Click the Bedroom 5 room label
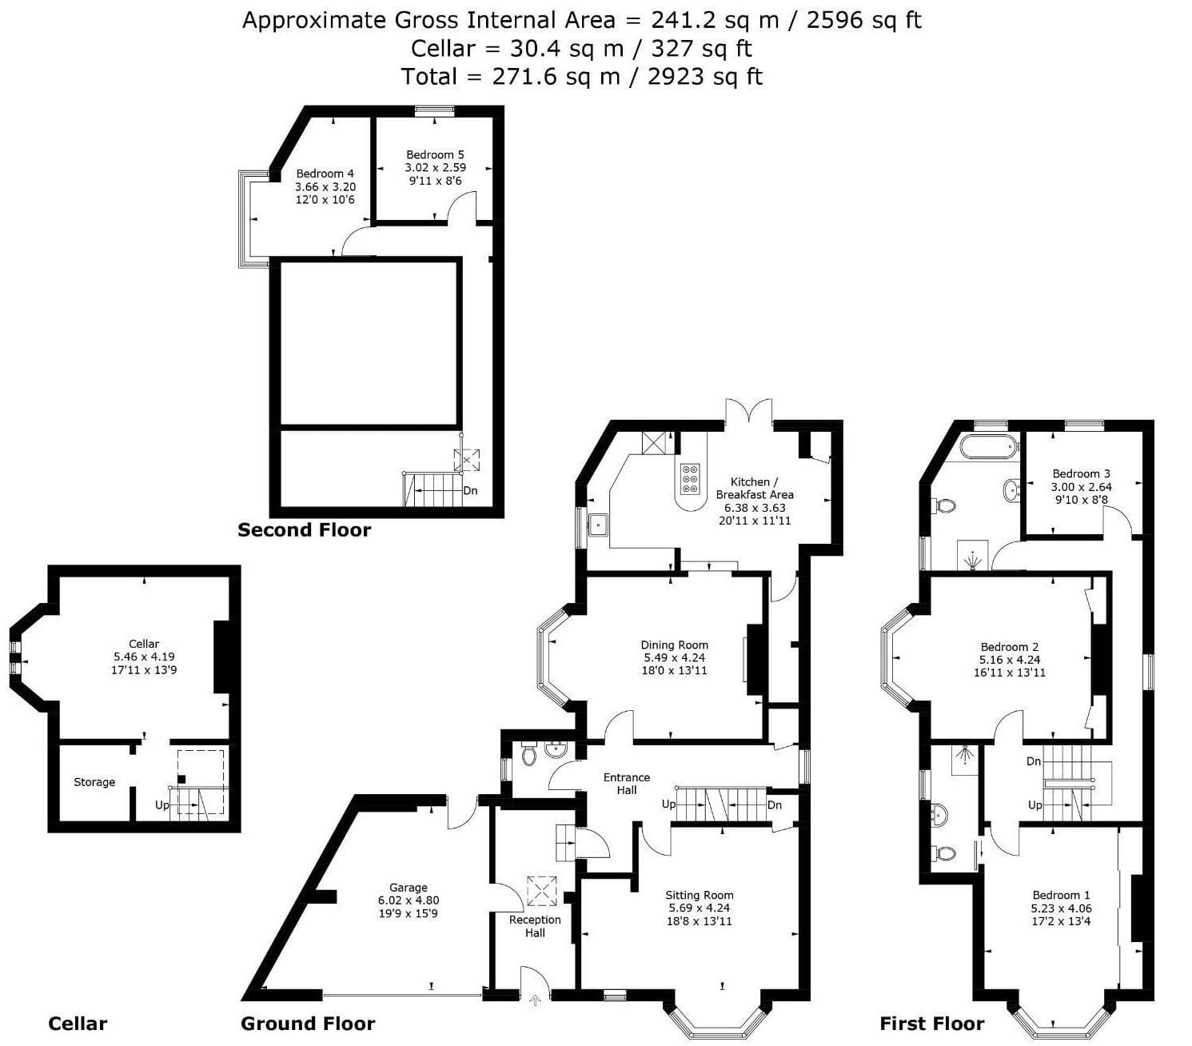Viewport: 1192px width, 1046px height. pos(435,155)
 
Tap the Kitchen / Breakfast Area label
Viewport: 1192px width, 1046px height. pos(754,488)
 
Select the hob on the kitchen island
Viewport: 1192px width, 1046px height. pos(690,478)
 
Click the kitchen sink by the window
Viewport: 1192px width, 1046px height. pos(599,525)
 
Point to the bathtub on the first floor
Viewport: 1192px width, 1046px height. pos(988,447)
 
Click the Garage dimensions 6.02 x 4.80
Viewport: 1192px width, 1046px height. pos(409,900)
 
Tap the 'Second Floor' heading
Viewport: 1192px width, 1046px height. pos(304,529)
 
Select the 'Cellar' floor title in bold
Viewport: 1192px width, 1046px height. pos(78,1024)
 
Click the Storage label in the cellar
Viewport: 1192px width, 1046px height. pos(94,782)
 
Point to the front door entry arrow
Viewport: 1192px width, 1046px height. pos(535,1000)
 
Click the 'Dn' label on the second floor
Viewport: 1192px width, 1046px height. pos(470,490)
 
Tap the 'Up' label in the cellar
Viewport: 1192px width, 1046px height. pos(161,804)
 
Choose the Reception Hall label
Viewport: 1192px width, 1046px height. pos(535,926)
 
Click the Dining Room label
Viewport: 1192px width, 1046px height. pos(674,645)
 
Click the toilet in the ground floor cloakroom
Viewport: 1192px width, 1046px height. pos(529,754)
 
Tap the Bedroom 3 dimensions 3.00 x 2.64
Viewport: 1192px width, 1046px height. pos(1082,487)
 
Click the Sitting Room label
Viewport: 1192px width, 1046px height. pos(700,896)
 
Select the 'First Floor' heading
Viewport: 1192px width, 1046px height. pos(932,1024)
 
